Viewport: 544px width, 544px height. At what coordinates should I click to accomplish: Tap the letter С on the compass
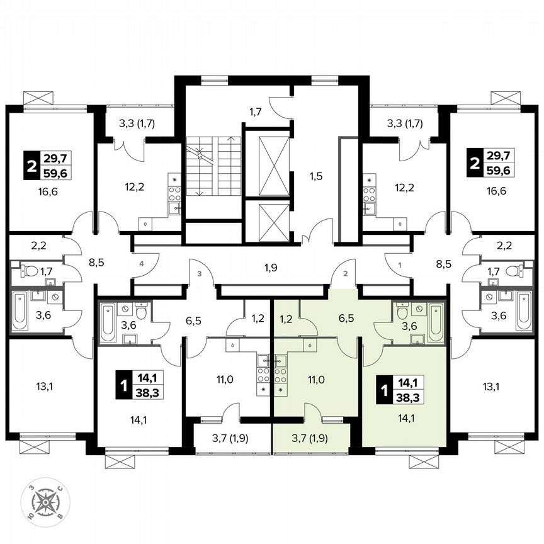(59, 489)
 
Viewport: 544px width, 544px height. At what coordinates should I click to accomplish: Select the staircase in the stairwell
(213, 167)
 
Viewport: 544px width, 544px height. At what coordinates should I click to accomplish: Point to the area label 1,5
(316, 176)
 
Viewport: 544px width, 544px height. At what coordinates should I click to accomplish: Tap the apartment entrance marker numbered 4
(142, 265)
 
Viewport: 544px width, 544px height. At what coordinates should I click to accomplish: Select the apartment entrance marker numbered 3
(199, 274)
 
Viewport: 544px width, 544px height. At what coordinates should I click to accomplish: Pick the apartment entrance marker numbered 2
(345, 274)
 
